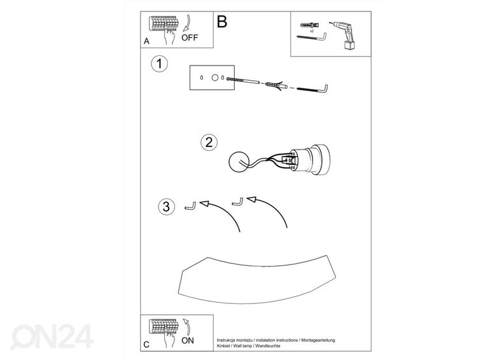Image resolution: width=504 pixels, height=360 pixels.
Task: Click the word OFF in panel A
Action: click(190, 38)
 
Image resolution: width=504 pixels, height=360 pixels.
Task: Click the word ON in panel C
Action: click(188, 340)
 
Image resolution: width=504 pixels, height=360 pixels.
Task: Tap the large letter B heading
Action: click(222, 22)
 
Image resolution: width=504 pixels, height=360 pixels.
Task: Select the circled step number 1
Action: click(160, 64)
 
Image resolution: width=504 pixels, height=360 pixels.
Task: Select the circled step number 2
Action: click(209, 142)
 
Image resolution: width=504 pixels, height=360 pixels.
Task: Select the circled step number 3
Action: click(166, 207)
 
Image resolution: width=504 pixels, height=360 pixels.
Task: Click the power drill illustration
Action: click(341, 35)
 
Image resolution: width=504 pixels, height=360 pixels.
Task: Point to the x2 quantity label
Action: click(312, 31)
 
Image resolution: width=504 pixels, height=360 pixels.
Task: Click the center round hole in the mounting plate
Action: click(215, 78)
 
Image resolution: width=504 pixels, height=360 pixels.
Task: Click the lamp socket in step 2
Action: click(309, 160)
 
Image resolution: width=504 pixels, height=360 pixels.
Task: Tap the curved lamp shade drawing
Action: click(257, 280)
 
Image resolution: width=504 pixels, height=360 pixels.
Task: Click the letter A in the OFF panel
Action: click(146, 41)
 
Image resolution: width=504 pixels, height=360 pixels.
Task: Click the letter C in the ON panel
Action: click(146, 345)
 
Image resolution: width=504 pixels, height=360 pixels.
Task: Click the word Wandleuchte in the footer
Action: click(268, 346)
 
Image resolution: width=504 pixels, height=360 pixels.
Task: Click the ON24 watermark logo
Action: click(52, 336)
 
